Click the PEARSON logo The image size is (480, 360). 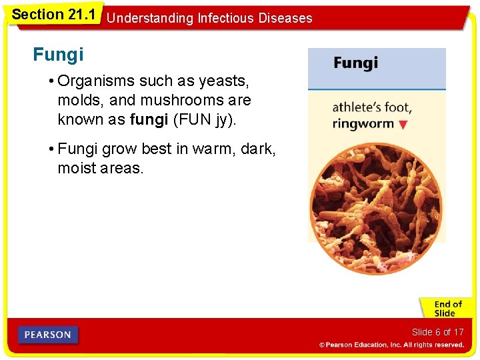coord(48,335)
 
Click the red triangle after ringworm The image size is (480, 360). coord(402,125)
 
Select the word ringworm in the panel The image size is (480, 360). coord(363,123)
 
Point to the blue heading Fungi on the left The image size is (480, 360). coord(58,55)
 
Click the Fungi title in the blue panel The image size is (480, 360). coord(355,63)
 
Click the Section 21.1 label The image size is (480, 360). coord(54,14)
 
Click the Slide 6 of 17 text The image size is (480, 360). coord(437,332)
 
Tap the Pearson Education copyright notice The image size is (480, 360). coord(391,345)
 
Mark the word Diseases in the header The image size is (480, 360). coord(287,18)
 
